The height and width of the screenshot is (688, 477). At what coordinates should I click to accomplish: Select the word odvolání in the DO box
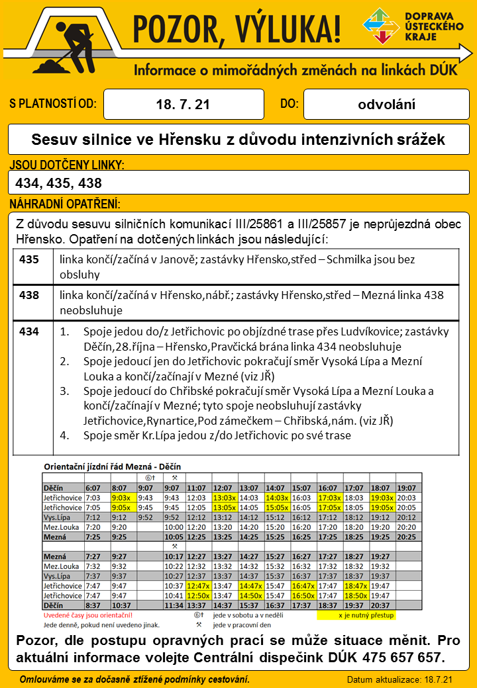(387, 105)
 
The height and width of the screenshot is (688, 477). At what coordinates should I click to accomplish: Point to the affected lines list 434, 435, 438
(58, 183)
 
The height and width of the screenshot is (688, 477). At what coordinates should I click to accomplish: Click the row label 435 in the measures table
(29, 260)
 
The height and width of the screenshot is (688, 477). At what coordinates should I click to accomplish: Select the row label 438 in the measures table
(29, 295)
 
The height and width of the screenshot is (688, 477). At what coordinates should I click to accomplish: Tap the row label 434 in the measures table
(29, 331)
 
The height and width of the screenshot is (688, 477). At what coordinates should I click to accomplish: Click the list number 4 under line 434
(64, 435)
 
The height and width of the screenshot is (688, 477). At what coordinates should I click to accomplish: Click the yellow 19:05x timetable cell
(382, 507)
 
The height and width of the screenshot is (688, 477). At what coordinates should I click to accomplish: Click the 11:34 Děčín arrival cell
(174, 605)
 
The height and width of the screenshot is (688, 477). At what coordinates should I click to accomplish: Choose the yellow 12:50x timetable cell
(199, 595)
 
